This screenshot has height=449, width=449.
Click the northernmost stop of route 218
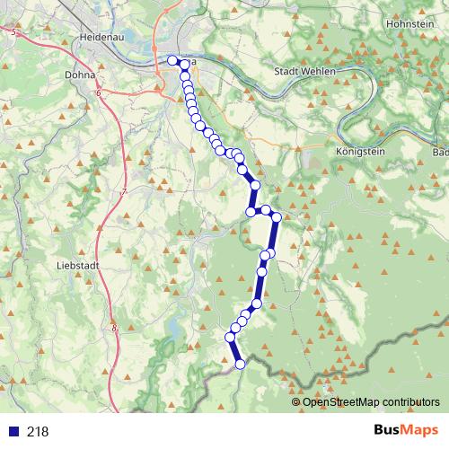(x=172, y=60)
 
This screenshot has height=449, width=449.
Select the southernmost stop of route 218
(x=240, y=364)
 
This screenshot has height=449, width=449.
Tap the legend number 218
(x=38, y=432)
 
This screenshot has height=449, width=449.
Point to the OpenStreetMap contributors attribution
(x=371, y=402)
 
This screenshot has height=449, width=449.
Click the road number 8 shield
(x=115, y=329)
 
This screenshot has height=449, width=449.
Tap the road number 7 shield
(x=124, y=193)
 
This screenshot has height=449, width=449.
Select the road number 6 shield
(x=96, y=93)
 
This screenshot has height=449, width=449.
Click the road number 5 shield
(x=14, y=32)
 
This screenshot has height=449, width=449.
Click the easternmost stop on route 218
(x=277, y=216)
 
